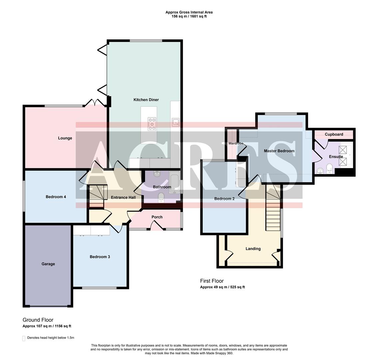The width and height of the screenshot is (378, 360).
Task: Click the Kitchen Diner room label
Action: pyautogui.click(x=146, y=100)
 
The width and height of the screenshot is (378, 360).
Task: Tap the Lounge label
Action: pyautogui.click(x=65, y=138)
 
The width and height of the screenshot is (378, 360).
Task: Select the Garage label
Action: pyautogui.click(x=48, y=264)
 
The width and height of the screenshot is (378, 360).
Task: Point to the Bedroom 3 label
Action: pyautogui.click(x=100, y=257)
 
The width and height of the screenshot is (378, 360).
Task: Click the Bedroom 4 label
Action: pyautogui.click(x=56, y=197)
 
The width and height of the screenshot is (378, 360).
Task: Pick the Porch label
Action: pyautogui.click(x=157, y=217)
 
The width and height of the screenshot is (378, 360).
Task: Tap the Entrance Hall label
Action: pyautogui.click(x=123, y=197)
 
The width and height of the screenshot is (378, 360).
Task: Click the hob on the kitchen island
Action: pyautogui.click(x=152, y=124)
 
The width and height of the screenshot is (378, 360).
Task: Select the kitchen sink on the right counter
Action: pyautogui.click(x=175, y=122)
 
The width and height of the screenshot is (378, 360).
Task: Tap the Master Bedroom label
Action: pyautogui.click(x=279, y=151)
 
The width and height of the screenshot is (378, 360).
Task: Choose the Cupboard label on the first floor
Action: pyautogui.click(x=334, y=134)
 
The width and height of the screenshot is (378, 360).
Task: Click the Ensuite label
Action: pyautogui.click(x=336, y=156)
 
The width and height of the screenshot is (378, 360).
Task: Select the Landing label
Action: pyautogui.click(x=253, y=249)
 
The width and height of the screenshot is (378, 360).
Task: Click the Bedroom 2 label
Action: pyautogui.click(x=224, y=199)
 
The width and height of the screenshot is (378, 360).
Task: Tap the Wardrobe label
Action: pyautogui.click(x=236, y=143)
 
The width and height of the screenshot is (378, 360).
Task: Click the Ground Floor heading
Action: pyautogui.click(x=38, y=320)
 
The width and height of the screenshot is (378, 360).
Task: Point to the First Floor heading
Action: pyautogui.click(x=212, y=281)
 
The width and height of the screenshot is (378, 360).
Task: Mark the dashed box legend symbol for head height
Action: pyautogui.click(x=24, y=338)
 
